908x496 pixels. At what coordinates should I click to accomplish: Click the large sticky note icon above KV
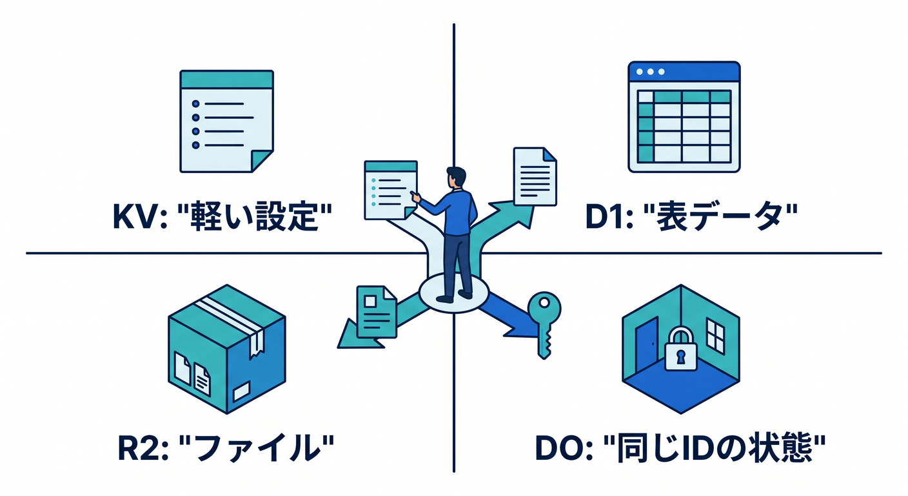(x=226, y=121)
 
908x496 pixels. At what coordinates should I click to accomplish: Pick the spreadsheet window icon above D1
(x=684, y=117)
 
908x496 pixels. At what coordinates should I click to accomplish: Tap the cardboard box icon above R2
(x=227, y=349)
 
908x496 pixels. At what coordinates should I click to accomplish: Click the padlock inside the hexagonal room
(x=680, y=349)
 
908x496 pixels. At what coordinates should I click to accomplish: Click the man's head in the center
(x=456, y=177)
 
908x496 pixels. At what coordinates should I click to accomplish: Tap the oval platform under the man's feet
(x=453, y=293)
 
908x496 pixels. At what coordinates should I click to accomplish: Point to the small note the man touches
(x=391, y=190)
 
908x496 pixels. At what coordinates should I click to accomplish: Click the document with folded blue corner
(x=535, y=176)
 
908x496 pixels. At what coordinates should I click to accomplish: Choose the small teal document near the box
(x=376, y=312)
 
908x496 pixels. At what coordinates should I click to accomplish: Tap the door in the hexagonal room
(x=646, y=345)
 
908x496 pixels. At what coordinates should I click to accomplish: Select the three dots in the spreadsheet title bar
(x=651, y=72)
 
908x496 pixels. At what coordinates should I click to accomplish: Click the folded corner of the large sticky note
(x=262, y=161)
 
